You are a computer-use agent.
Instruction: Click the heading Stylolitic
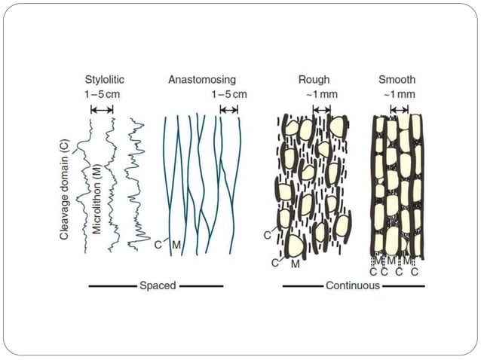(x=103, y=79)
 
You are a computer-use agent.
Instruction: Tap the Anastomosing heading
(x=201, y=79)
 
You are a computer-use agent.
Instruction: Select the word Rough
(x=314, y=79)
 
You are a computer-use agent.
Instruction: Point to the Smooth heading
(x=397, y=79)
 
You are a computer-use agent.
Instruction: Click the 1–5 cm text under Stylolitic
(x=103, y=94)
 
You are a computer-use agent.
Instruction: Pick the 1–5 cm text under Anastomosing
(x=229, y=94)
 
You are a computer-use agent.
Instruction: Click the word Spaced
(x=158, y=285)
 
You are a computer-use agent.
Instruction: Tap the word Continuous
(x=352, y=285)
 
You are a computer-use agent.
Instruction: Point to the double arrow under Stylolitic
(x=102, y=109)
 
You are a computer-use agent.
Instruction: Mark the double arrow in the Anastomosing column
(x=228, y=109)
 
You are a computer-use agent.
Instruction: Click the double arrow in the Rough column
(x=321, y=109)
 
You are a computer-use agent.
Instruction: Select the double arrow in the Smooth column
(x=398, y=109)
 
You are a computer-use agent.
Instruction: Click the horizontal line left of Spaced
(x=112, y=286)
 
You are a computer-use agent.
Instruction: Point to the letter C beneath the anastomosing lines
(x=158, y=245)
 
